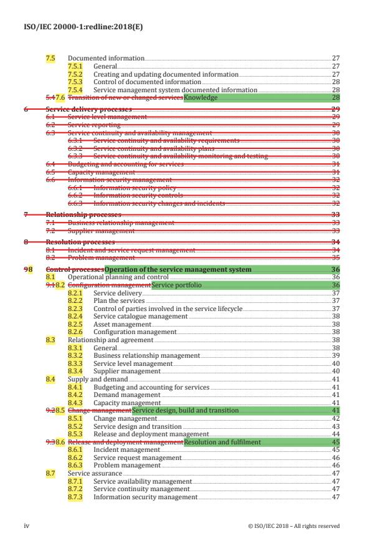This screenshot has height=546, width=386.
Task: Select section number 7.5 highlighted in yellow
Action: click(50, 58)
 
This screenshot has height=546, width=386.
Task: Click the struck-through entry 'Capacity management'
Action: click(101, 173)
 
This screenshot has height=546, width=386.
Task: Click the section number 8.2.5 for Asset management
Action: click(75, 324)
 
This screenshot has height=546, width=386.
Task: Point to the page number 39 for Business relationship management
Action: click(336, 355)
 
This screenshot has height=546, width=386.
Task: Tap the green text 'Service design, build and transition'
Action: click(186, 411)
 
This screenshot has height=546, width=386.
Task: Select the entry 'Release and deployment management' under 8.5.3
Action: click(151, 434)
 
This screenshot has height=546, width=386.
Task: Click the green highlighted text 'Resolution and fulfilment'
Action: click(222, 442)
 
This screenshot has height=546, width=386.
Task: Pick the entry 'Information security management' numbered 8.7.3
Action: click(145, 497)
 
